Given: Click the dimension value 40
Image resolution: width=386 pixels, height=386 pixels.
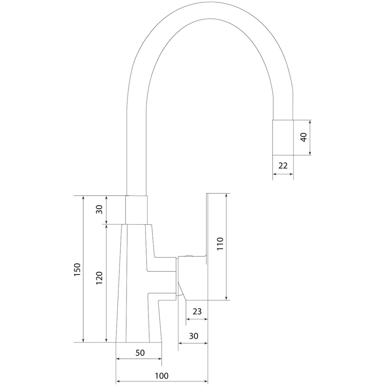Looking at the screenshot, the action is [304, 137].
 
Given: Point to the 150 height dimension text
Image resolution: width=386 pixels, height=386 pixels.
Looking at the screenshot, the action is [77, 270].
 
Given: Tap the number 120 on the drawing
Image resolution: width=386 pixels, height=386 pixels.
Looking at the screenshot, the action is [99, 278].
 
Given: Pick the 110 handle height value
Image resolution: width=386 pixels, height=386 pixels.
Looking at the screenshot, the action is [220, 244].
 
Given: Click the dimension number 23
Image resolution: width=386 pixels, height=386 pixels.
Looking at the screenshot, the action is [197, 311].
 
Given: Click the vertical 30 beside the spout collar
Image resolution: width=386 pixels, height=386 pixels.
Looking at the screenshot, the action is [99, 209].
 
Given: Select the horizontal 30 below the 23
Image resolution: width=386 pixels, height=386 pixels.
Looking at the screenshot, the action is [194, 336].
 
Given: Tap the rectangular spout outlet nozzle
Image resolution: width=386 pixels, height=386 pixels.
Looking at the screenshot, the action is [283, 138].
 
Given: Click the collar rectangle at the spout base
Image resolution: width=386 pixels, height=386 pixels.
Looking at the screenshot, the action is [136, 209].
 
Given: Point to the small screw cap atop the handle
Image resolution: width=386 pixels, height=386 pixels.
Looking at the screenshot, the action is [189, 256].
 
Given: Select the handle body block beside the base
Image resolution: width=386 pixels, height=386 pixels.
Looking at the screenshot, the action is [192, 280].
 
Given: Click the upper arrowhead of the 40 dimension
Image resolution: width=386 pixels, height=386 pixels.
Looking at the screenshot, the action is [310, 122].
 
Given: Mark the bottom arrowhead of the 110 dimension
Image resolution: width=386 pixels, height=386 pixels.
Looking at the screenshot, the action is [226, 304].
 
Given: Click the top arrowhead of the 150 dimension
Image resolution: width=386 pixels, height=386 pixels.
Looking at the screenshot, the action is [83, 198].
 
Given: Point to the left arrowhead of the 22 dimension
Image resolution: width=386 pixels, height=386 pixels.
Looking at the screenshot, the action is [275, 174].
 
